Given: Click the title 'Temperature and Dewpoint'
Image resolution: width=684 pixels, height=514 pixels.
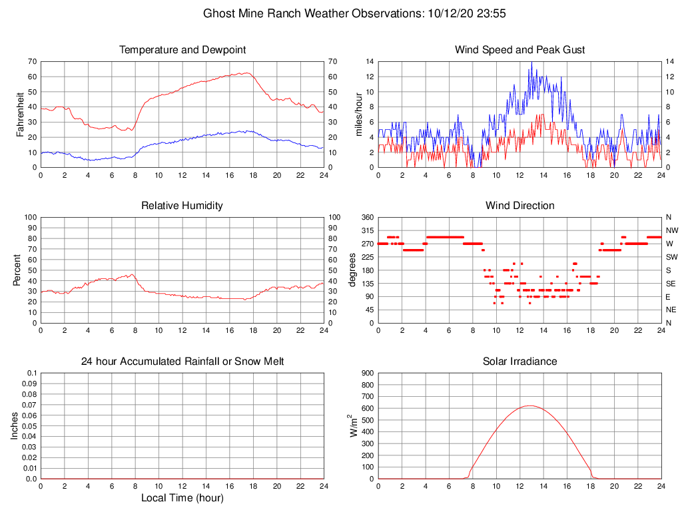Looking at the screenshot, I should (182, 50).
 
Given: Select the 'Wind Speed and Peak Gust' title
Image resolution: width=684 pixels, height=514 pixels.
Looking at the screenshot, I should (519, 50).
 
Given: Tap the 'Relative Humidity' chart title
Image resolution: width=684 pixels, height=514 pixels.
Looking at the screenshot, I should (182, 206).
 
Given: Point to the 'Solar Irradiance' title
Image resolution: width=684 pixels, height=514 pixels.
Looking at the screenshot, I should (519, 362).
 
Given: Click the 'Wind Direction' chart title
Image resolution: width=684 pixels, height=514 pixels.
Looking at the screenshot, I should (519, 206).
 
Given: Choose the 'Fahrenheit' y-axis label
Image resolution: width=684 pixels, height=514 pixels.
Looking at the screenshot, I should (20, 114).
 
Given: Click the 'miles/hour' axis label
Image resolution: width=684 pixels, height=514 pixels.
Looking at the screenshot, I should (359, 114).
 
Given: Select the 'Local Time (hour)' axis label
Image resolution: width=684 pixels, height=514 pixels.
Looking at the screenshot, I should (182, 498).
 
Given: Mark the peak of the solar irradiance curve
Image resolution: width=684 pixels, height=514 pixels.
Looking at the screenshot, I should (529, 405).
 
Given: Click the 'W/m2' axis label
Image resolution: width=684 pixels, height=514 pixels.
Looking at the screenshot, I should (354, 425).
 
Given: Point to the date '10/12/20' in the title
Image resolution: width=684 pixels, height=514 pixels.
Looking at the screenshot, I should (450, 13).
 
